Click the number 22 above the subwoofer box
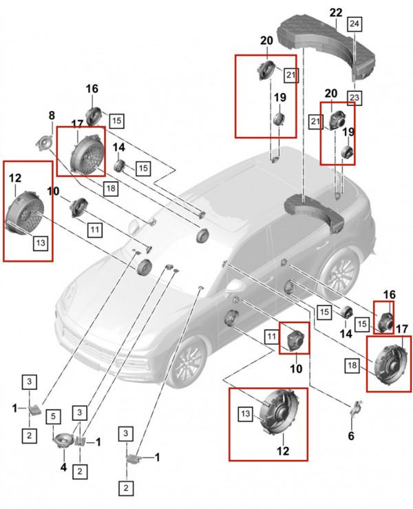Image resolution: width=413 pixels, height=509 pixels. [x=336, y=12]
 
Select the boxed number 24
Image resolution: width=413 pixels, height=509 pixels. [x=354, y=23]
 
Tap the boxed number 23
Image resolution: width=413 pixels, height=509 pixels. [x=354, y=98]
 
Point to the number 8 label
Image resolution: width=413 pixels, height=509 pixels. [x=52, y=115]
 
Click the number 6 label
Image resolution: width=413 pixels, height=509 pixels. [x=351, y=435]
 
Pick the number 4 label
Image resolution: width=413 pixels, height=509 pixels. [x=63, y=467]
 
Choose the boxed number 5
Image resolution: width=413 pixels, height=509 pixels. [x=54, y=417]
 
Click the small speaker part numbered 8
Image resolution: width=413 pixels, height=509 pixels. [x=44, y=143]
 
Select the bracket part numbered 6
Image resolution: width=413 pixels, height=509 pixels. [x=355, y=407]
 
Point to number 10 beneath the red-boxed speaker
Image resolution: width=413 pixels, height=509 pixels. [x=296, y=368]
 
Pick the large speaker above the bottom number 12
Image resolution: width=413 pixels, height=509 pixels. [x=280, y=412]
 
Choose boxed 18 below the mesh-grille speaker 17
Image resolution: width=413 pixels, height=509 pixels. [x=111, y=188]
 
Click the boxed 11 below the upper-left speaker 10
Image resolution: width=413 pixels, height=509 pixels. [x=94, y=230]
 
